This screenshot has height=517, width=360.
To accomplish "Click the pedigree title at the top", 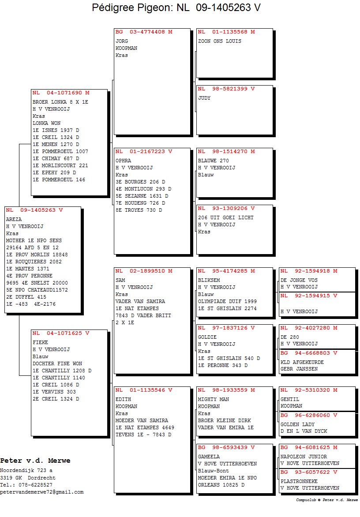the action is point(176,7).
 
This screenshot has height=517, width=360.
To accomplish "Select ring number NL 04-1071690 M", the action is point(61,93).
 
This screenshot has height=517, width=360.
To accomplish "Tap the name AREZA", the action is point(14,219).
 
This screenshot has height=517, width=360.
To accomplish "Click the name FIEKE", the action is point(40,342).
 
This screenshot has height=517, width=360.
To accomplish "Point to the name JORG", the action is point(122,41).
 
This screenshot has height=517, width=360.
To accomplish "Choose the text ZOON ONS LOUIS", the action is point(220,41).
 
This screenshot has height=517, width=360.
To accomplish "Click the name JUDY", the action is point(204,98).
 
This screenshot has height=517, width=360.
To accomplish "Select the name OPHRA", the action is point(123,161).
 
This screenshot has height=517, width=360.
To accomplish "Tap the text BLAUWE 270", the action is point(213,161).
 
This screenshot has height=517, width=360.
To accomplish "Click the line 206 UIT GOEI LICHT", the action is point(226,217).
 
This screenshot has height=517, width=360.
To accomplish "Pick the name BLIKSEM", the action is point(209,280).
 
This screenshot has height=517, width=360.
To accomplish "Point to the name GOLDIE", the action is point(207,337).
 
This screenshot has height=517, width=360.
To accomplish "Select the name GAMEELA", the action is point(209,457).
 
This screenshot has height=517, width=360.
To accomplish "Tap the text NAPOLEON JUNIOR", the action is point(304,457).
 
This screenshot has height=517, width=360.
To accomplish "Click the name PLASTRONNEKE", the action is point(299,481).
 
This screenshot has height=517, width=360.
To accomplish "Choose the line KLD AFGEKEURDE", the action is point(302,362).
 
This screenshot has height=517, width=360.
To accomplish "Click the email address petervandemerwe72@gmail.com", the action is point(42,492).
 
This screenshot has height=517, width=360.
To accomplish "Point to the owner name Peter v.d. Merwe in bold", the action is point(35,461).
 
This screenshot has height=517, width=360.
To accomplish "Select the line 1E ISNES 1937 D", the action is point(56,130).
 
